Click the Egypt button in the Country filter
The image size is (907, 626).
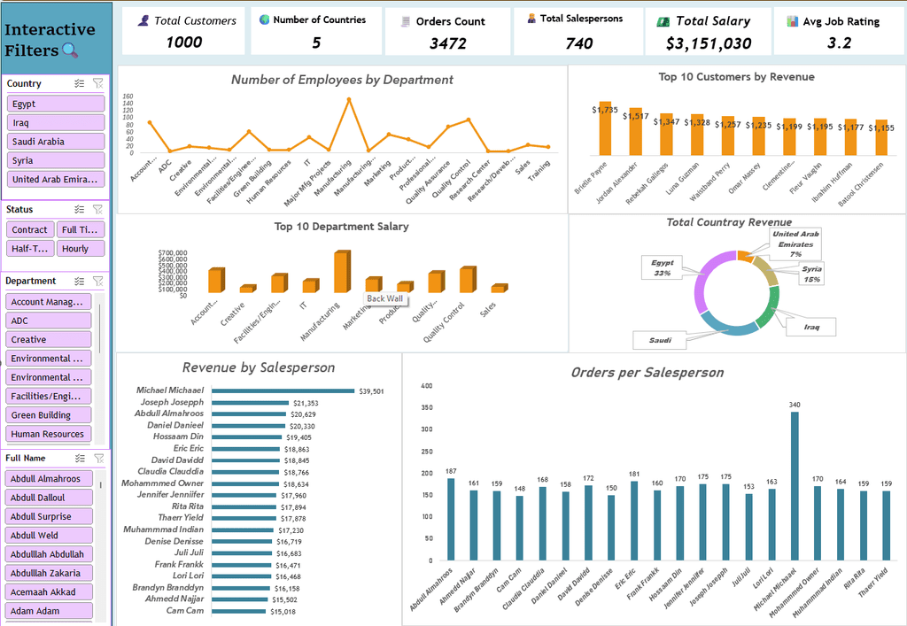coord(56,104)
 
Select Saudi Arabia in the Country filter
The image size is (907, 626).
coord(56,142)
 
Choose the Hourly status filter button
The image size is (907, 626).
coord(81,249)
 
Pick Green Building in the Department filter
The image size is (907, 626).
coord(50,415)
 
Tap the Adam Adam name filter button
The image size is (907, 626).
coord(50,611)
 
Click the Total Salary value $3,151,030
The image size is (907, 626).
coord(709,43)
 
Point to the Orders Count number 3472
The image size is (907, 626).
coord(448,43)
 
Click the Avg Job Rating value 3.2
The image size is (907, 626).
coord(839,43)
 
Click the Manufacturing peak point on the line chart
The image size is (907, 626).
coord(349,99)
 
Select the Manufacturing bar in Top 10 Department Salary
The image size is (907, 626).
coord(341,273)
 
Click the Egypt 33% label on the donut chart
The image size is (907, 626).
coord(662,268)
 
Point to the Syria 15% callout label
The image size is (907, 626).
coord(811,274)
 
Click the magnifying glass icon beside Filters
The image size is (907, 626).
coord(70,51)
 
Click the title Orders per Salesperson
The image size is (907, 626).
coord(647,373)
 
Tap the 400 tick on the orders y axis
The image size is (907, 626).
coord(426,386)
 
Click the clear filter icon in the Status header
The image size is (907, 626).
coord(97,210)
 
